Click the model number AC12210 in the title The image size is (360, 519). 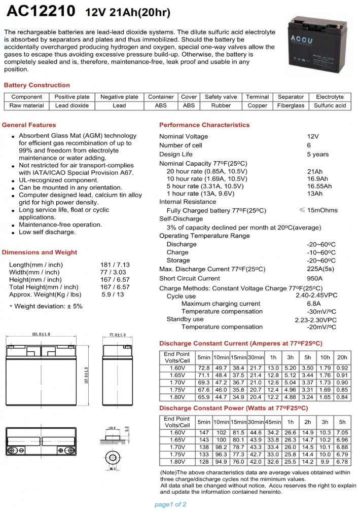(41, 11)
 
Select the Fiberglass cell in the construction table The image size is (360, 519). (291, 105)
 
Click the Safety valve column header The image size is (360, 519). (221, 97)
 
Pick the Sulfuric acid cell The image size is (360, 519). (330, 105)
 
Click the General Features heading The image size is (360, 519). (29, 125)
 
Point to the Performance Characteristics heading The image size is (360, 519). (204, 125)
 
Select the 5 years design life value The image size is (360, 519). (317, 154)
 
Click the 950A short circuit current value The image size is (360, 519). (314, 278)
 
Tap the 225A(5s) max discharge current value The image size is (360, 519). (321, 269)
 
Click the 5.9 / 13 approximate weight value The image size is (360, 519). (113, 294)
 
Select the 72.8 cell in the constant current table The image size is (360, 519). (204, 368)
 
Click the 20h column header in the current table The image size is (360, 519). (342, 357)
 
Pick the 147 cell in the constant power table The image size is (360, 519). (204, 432)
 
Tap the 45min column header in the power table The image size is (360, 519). (273, 422)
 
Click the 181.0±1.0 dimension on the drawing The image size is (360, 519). (41, 335)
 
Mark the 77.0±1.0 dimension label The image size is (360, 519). (117, 335)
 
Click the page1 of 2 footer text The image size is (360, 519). (170, 504)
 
